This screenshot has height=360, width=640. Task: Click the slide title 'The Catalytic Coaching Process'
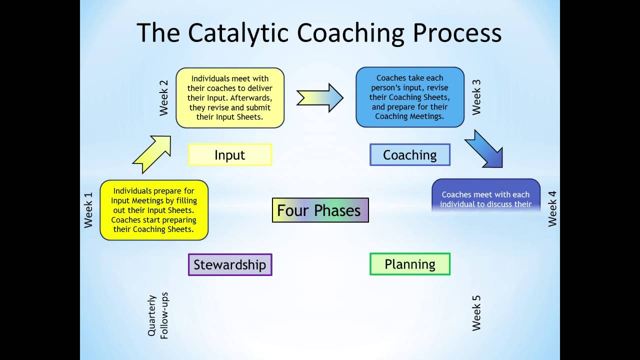click(319, 33)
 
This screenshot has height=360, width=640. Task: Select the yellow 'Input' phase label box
click(230, 155)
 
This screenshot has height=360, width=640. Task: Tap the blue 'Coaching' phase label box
click(410, 155)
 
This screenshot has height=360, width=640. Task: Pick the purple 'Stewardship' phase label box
click(230, 264)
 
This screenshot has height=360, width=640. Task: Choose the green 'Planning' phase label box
click(410, 264)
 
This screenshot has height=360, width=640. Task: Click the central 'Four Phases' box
click(320, 210)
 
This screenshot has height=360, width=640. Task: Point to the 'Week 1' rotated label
click(88, 210)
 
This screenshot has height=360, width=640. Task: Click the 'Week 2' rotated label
click(164, 98)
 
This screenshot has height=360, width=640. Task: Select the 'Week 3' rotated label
click(476, 97)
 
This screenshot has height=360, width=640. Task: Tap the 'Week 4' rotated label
click(552, 208)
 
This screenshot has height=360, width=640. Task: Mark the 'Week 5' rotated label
click(476, 313)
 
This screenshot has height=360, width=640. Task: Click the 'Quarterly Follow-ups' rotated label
click(158, 315)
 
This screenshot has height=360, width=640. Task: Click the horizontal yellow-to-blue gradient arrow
click(320, 97)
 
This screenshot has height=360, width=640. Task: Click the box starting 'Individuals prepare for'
click(154, 210)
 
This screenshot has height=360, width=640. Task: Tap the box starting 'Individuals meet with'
click(230, 98)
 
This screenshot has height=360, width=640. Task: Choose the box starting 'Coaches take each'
click(410, 97)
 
